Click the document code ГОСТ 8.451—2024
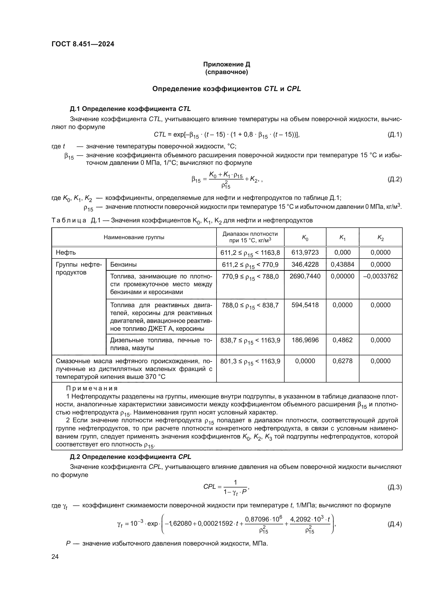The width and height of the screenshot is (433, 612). coord(83,44)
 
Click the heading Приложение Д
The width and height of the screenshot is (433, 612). coord(226,64)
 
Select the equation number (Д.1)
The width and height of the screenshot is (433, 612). coord(394,134)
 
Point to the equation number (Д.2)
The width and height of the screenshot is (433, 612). coord(394,179)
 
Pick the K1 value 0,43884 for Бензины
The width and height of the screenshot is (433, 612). coord(342,265)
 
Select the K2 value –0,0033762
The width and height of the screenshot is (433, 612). coord(380,276)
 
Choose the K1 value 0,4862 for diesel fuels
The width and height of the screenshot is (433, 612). coord(342,340)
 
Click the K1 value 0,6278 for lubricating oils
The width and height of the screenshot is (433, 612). coord(342,361)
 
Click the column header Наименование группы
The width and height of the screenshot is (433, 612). coord(134,237)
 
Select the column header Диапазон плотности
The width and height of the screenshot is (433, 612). coord(250,234)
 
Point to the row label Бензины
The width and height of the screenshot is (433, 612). coord(124,265)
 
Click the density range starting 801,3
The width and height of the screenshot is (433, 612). coord(250,361)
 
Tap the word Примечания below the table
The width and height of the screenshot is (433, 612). coord(92,388)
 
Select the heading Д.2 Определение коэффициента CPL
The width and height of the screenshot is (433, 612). coord(130,457)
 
